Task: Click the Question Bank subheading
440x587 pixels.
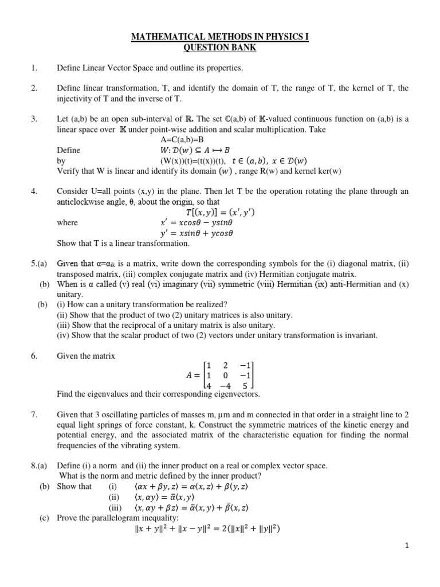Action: point(220,48)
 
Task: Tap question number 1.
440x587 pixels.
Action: point(34,68)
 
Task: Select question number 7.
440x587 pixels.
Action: point(34,414)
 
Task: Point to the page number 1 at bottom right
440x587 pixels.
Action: point(407,546)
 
